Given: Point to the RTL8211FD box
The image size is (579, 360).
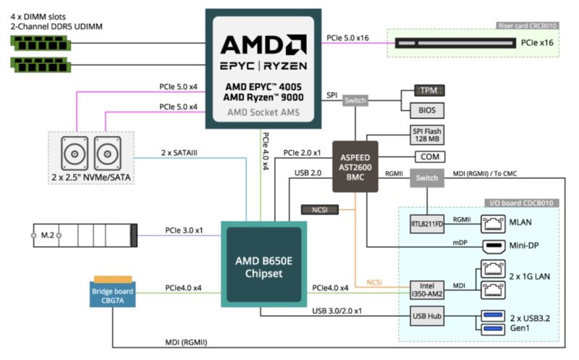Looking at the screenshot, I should [x=426, y=225].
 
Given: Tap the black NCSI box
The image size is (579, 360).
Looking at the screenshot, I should [x=319, y=210].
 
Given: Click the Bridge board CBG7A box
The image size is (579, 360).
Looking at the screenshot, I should [x=112, y=296].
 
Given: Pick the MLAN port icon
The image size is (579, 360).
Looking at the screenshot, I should [x=496, y=225].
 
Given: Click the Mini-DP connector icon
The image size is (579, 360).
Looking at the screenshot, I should [x=496, y=246].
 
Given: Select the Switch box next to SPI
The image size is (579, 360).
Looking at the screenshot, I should [x=355, y=101].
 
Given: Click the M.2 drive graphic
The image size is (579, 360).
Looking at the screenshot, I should [x=84, y=235].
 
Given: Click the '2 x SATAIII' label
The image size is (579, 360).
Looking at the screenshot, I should [x=181, y=153].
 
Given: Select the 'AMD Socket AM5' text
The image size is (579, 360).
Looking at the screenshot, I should [x=263, y=113].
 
